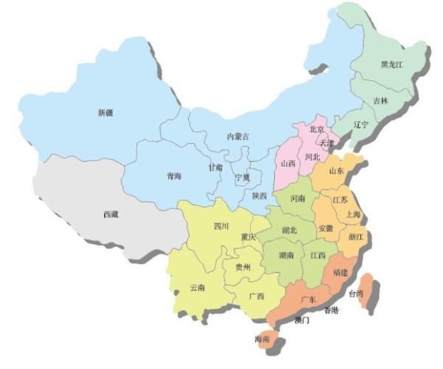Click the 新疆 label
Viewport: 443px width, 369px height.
pyautogui.click(x=106, y=113)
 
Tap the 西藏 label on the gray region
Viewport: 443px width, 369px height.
pyautogui.click(x=111, y=215)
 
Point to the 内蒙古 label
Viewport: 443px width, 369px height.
pyautogui.click(x=238, y=137)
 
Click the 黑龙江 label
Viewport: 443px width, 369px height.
pyautogui.click(x=391, y=64)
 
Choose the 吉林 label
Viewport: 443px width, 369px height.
pyautogui.click(x=380, y=100)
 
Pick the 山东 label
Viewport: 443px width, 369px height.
pyautogui.click(x=336, y=170)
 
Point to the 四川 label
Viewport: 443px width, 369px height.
pyautogui.click(x=221, y=226)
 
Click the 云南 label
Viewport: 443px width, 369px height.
pyautogui.click(x=197, y=287)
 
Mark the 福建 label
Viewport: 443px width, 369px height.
pyautogui.click(x=340, y=273)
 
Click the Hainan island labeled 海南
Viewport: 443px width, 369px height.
pyautogui.click(x=261, y=339)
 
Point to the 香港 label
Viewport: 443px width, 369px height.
pyautogui.click(x=330, y=311)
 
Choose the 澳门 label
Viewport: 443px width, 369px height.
pyautogui.click(x=301, y=321)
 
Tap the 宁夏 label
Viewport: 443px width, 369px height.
pyautogui.click(x=243, y=178)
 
